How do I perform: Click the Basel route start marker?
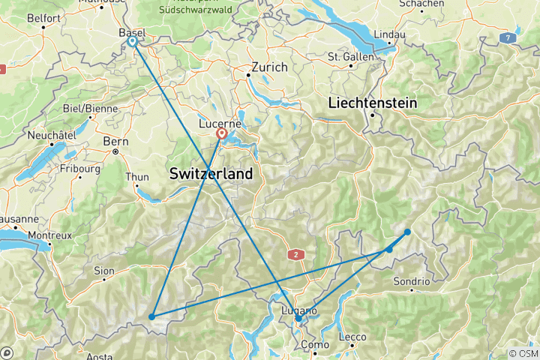132,41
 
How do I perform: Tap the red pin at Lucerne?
222,134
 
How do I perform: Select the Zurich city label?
269,67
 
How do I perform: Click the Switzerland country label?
211,173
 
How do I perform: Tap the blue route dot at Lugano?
298,319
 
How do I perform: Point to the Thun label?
136,177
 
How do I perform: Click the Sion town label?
103,270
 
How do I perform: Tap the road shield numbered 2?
297,255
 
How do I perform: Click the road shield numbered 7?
510,37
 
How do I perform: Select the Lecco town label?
352,337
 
